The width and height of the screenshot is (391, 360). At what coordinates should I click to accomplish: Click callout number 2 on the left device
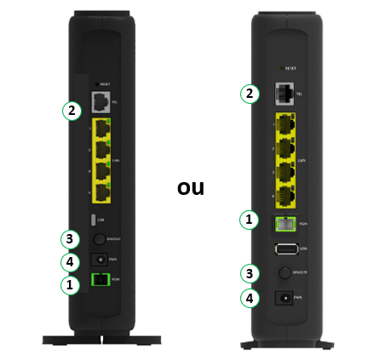[x=73, y=109]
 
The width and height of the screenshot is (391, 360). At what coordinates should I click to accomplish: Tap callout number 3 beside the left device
[x=73, y=239]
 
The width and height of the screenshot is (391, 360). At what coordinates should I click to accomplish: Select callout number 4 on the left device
[x=73, y=262]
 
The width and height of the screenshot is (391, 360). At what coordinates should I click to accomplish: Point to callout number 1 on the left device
[x=73, y=286]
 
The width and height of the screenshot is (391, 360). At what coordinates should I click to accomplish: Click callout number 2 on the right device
[x=249, y=94]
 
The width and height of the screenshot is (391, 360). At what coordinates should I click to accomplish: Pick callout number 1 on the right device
[x=249, y=220]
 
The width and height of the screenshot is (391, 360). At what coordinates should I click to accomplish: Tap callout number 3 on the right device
[x=249, y=274]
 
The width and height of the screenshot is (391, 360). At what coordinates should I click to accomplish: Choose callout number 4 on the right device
[x=249, y=299]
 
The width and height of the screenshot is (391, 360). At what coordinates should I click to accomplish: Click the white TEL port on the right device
[x=285, y=94]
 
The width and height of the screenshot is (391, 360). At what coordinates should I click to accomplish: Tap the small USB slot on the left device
[x=102, y=220]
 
